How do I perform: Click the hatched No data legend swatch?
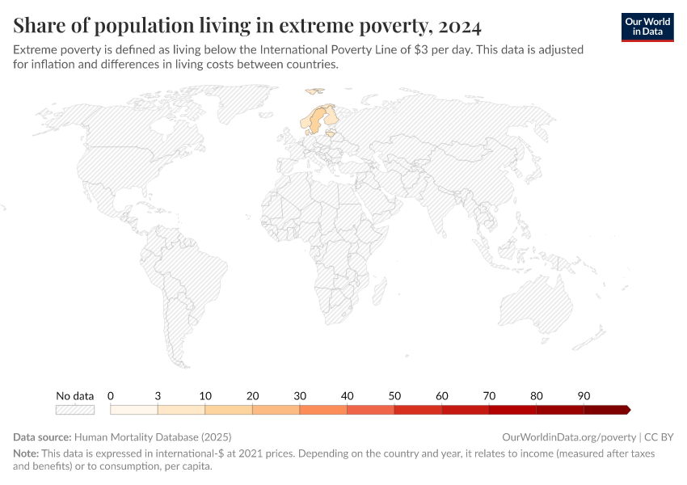[74, 410]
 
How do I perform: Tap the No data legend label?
[74, 396]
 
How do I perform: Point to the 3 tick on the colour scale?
[158, 396]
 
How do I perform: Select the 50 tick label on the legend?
[394, 396]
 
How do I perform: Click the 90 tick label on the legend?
[584, 396]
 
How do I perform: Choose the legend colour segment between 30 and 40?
[323, 410]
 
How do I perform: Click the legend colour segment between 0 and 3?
[133, 410]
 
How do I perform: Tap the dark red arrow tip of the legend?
[627, 410]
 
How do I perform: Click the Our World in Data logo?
[647, 27]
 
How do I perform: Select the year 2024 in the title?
[458, 27]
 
